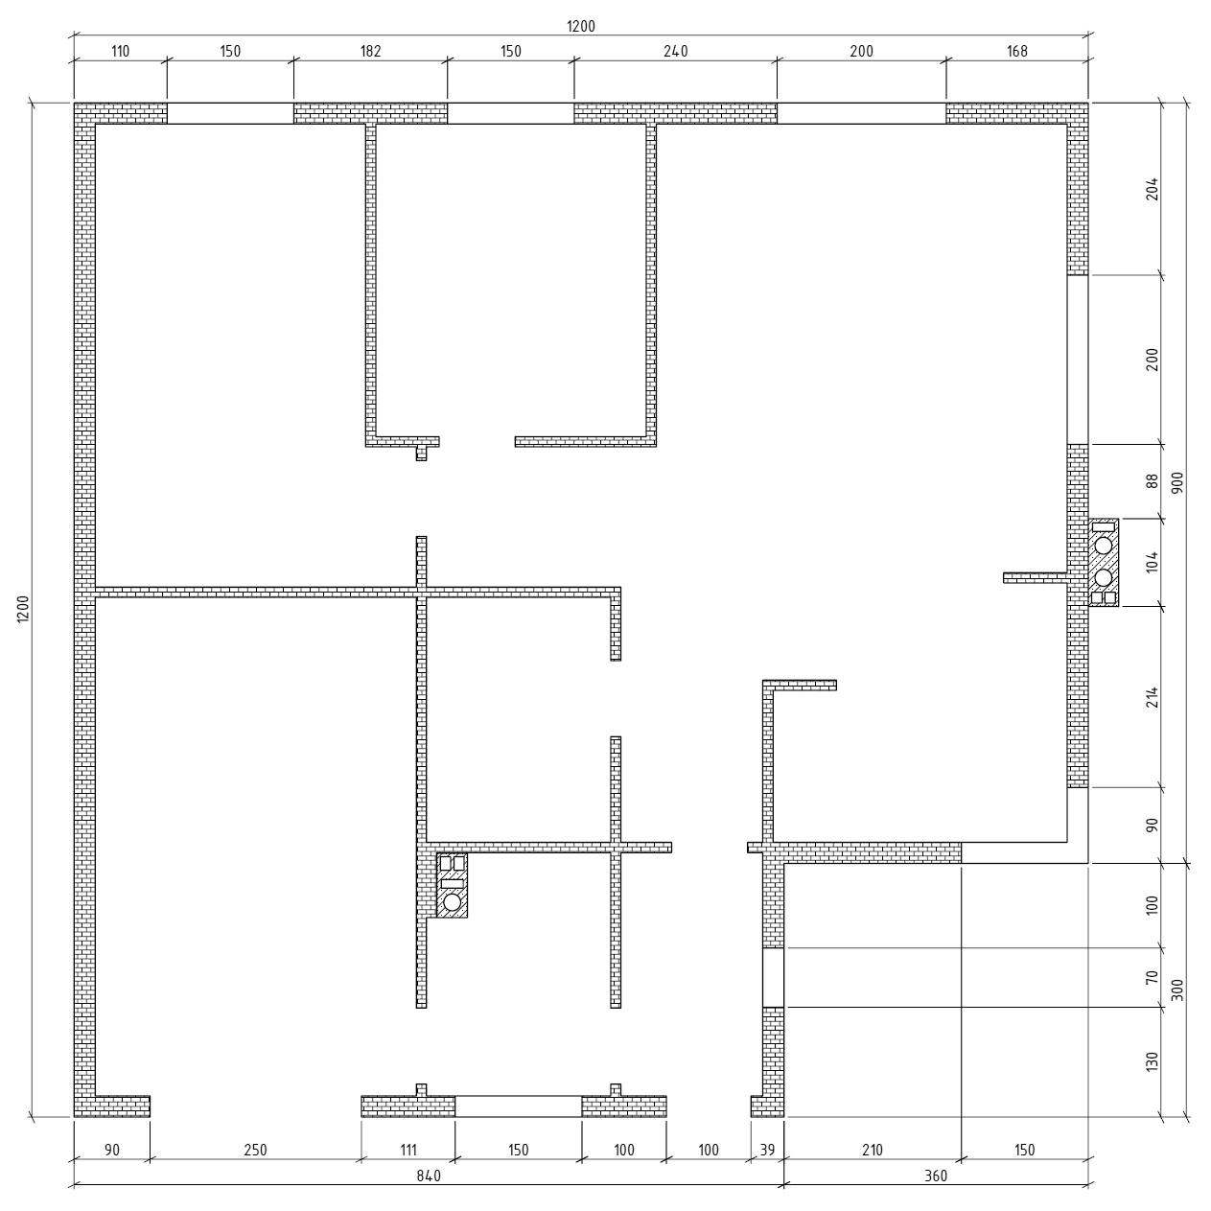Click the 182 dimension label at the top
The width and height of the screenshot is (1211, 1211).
[371, 52]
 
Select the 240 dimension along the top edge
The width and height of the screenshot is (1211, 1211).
[676, 52]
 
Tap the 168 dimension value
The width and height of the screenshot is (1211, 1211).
[1016, 52]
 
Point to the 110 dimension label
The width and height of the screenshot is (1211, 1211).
[120, 52]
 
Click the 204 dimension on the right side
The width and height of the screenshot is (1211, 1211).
[1152, 189]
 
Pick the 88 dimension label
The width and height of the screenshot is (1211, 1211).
[1152, 480]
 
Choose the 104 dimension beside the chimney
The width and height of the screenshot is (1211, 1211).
[1152, 562]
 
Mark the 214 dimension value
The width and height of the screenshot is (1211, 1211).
[1152, 697]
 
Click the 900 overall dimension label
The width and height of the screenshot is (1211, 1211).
[1177, 482]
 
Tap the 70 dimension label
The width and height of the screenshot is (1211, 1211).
[1152, 977]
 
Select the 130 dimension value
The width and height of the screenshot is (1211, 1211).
[1152, 1062]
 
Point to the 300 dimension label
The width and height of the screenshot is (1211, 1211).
[1177, 990]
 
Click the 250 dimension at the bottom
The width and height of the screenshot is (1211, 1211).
[255, 1150]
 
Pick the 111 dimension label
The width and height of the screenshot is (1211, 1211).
[408, 1150]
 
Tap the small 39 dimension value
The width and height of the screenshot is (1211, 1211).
[767, 1150]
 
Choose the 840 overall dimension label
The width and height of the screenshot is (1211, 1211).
[429, 1176]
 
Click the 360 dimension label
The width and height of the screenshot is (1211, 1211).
[936, 1176]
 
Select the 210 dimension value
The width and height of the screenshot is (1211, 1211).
[873, 1150]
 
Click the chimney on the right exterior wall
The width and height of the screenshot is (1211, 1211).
[1104, 563]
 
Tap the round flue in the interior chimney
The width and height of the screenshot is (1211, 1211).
[452, 902]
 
